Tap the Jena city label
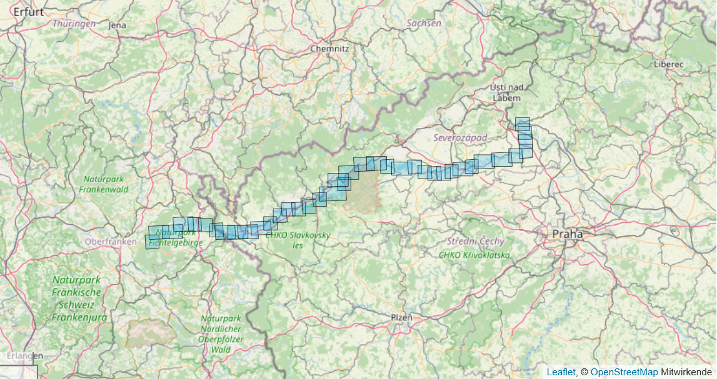coord(117,25)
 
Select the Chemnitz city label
coord(329,48)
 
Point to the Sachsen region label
coord(424,23)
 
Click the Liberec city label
coord(669,64)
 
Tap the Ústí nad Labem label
coord(508,92)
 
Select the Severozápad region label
coord(460,137)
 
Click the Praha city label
coord(567,234)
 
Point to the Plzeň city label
coord(401,317)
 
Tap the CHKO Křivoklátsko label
coord(474,255)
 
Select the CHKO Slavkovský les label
coord(298,240)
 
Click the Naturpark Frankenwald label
coord(105,184)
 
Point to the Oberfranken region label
coord(110,241)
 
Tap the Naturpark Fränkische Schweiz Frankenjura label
coord(76,298)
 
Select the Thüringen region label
coord(74,23)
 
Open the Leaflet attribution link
coord(561,372)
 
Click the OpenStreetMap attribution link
coord(624,372)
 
